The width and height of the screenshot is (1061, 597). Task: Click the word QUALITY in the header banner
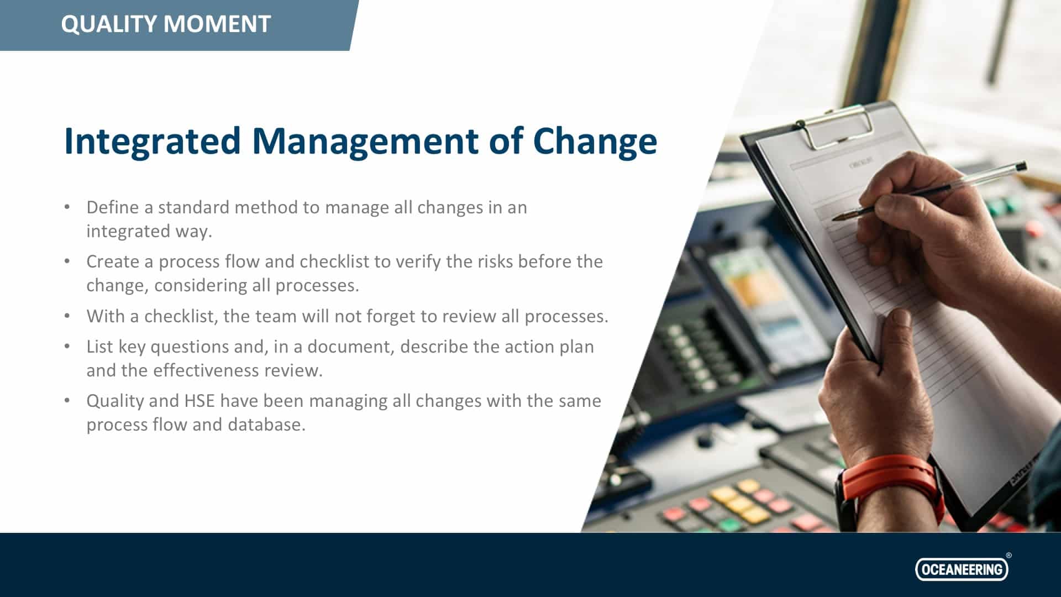click(109, 24)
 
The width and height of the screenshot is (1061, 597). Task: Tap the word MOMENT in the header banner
click(217, 24)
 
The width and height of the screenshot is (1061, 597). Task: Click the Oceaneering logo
click(962, 569)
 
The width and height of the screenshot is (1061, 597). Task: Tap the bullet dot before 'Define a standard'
click(67, 207)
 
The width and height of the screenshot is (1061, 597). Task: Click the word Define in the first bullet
click(112, 207)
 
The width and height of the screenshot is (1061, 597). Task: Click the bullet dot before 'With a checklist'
click(67, 316)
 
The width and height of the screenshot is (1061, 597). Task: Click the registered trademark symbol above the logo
click(1009, 555)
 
